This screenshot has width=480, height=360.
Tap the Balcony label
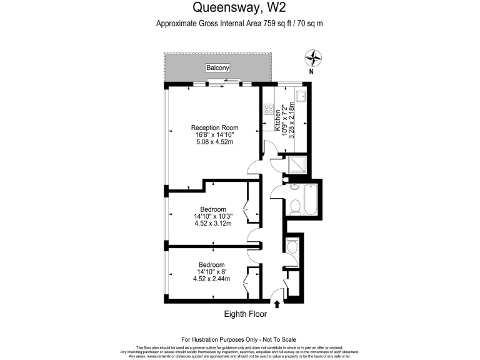[x=218, y=67]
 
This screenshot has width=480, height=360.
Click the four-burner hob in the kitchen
[x=271, y=114]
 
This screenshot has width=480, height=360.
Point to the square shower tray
[x=297, y=164]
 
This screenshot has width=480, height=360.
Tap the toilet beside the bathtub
[x=295, y=206]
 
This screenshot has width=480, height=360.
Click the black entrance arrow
[x=277, y=304]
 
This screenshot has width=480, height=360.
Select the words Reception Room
[x=215, y=128]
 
